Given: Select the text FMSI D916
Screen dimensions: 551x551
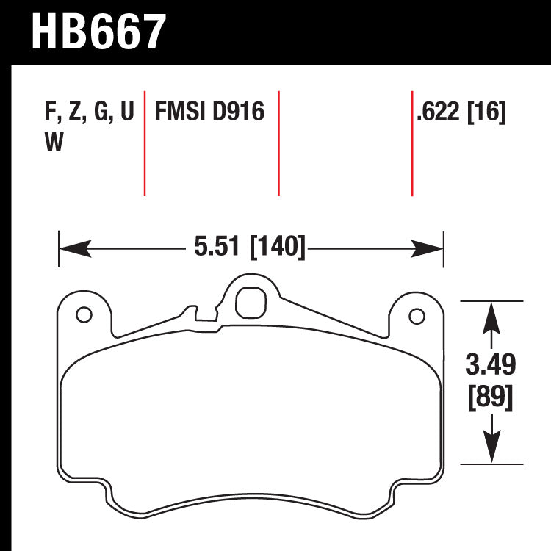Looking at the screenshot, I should pos(209,112).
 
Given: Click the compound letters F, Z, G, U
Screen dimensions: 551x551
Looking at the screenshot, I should pos(89,112).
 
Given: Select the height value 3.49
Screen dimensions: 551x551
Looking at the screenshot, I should pos(490,364).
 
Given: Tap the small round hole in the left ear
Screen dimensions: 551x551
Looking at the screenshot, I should pos(84,317).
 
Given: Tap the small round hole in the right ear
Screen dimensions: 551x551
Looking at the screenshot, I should pos(417,317).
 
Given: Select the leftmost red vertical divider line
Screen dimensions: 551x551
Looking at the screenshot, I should pos(145,144).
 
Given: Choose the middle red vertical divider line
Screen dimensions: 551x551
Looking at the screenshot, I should pos(278,144).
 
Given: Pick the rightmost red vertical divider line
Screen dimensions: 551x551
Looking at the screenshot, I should pos(412,144).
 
